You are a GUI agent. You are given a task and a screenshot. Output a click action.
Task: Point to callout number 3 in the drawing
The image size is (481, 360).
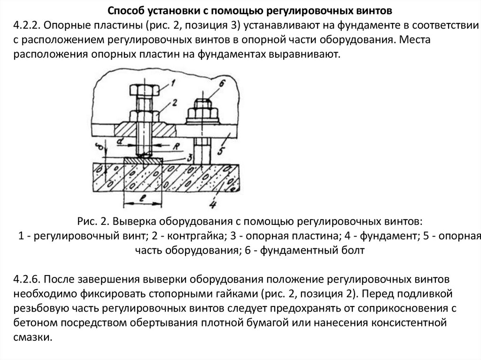(x=188, y=156)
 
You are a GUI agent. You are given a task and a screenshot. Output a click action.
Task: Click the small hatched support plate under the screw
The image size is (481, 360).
(x=143, y=160)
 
